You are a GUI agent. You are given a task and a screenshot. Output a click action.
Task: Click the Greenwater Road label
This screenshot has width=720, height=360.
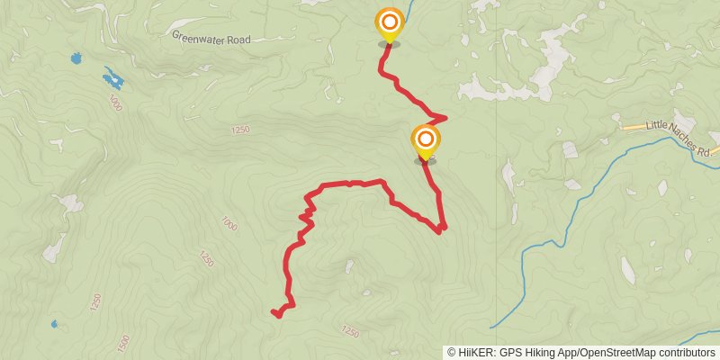tap(211, 39)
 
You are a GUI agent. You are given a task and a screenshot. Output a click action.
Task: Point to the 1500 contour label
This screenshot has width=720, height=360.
tap(122, 343)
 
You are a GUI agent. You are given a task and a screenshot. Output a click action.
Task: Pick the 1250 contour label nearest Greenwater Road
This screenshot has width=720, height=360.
tap(239, 130)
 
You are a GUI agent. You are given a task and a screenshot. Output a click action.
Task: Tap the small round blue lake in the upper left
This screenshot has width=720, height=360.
tap(74, 59)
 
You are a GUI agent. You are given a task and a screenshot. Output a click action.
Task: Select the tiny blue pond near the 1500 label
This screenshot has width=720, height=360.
tap(55, 324)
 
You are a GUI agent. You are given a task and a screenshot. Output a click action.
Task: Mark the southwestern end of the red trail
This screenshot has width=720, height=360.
tap(273, 312)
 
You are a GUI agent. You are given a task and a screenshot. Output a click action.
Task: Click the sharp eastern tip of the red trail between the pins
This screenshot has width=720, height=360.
tap(445, 117)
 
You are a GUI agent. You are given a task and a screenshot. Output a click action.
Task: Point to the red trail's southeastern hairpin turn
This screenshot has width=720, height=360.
tap(441, 230)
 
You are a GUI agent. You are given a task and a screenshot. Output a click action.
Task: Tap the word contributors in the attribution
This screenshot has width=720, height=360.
tap(685, 352)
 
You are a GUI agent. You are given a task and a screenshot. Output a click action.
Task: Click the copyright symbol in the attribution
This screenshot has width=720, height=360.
tap(451, 352)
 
